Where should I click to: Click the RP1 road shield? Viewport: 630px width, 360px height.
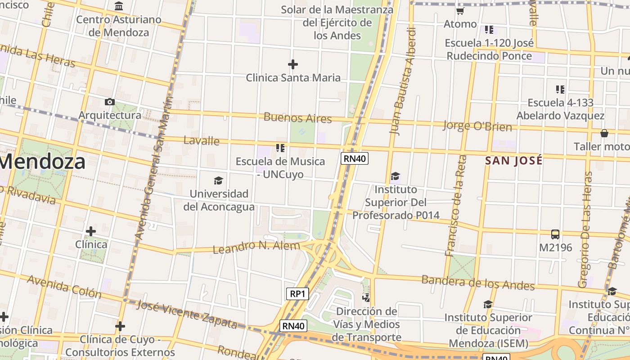[x=297, y=294]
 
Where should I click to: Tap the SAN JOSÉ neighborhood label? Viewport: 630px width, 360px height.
[x=513, y=160]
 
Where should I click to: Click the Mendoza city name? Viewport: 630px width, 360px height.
[x=43, y=162]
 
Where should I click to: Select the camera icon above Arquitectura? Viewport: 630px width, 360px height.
[x=109, y=102]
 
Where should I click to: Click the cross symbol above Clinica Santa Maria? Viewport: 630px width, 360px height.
[x=293, y=64]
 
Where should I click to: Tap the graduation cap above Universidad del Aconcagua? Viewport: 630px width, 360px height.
[x=218, y=180]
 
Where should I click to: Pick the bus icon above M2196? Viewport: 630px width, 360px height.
[x=555, y=234]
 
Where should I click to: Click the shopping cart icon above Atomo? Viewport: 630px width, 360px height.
[x=460, y=11]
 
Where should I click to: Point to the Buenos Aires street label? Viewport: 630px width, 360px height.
[x=297, y=118]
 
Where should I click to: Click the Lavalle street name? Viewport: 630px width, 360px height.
[x=202, y=140]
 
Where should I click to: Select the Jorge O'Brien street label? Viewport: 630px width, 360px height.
[x=477, y=126]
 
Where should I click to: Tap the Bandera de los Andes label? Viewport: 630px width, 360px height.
[x=478, y=283]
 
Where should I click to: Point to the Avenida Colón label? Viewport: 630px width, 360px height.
[x=64, y=286]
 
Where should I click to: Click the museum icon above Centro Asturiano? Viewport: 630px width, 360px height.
[x=119, y=6]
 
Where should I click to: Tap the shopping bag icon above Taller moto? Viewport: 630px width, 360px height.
[x=604, y=133]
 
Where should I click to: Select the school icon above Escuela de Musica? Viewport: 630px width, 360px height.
[x=280, y=148]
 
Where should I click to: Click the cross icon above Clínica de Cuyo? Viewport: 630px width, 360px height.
[x=120, y=326]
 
